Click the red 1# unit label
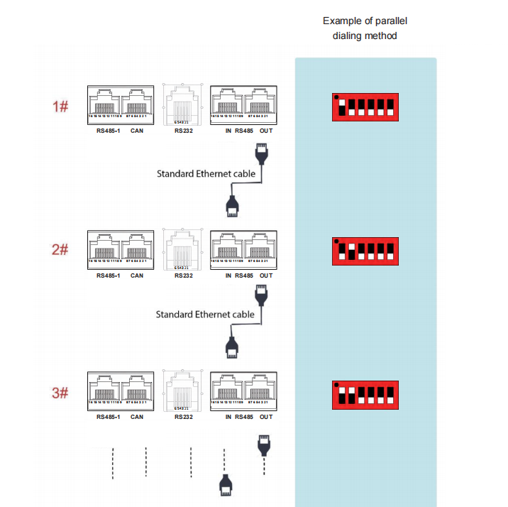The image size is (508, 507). (x=60, y=107)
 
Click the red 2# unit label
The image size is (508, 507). (x=60, y=250)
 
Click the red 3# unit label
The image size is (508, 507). (x=60, y=393)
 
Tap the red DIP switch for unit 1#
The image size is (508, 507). (x=365, y=107)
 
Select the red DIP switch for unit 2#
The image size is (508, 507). (x=365, y=251)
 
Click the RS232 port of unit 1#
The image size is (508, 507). (x=182, y=105)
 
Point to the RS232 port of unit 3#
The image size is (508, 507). (x=182, y=390)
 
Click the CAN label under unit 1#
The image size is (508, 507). (x=137, y=131)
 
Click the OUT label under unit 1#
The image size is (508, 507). (x=266, y=131)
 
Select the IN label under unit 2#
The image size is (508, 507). (x=228, y=276)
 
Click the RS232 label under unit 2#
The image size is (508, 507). (x=182, y=276)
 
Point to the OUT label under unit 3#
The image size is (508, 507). (x=266, y=417)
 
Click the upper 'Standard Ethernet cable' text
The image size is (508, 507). (x=206, y=173)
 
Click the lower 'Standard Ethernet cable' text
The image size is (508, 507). (x=205, y=314)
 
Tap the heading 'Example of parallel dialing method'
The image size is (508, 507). (x=365, y=28)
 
